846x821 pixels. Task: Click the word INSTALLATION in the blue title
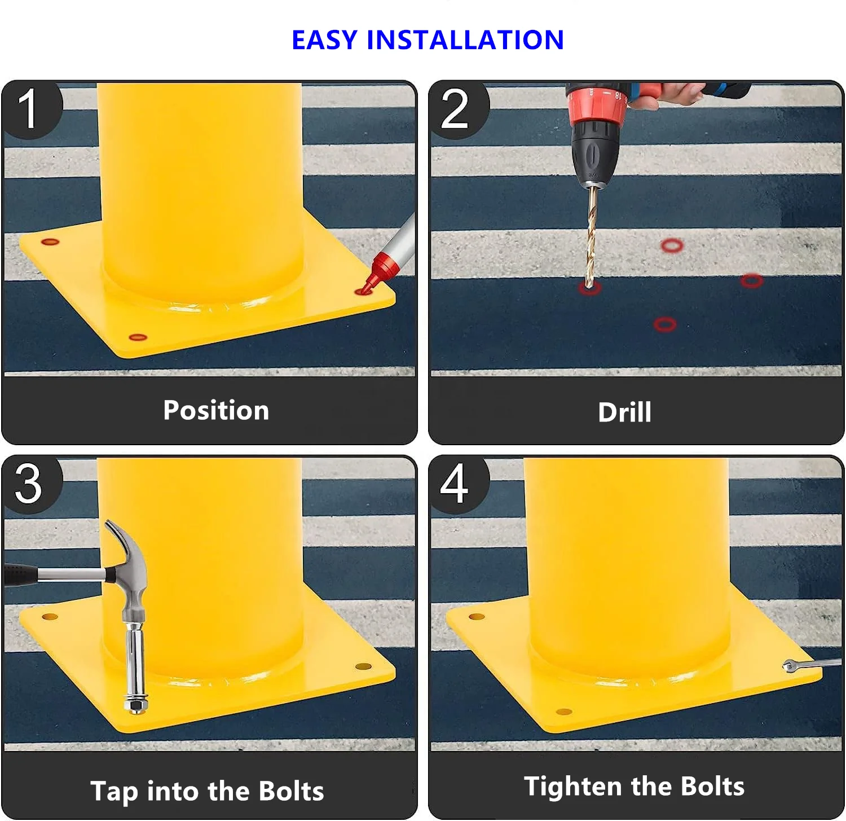(465, 40)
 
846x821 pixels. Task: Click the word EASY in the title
(324, 40)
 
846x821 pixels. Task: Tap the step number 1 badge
(28, 109)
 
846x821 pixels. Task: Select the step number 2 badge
(455, 109)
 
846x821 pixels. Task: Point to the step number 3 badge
(28, 484)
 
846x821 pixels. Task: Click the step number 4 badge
(455, 484)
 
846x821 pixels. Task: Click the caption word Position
(216, 410)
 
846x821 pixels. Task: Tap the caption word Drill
(624, 412)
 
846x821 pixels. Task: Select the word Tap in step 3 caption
(114, 791)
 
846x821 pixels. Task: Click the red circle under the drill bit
(589, 288)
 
